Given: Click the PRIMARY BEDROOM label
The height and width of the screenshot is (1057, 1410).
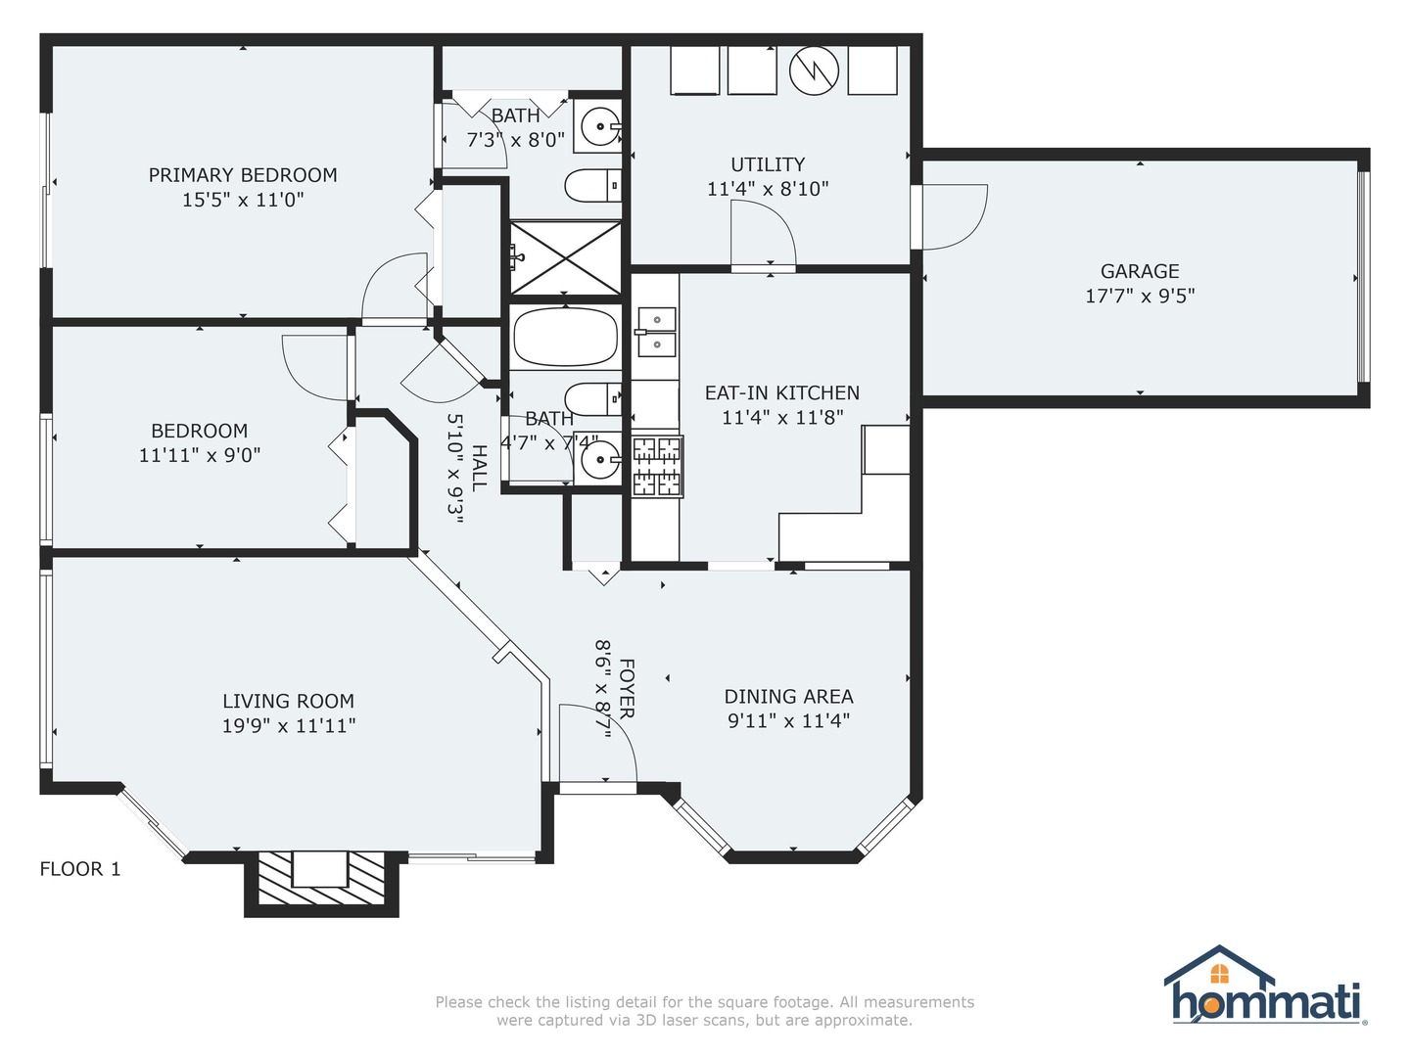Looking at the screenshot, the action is (243, 175).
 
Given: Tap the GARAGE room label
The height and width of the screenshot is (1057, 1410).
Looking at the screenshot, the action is (1140, 271).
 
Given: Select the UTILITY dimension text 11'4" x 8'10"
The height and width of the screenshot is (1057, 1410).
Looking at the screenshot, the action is (768, 189).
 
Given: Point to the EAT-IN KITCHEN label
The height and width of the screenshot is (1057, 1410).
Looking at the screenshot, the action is (781, 392).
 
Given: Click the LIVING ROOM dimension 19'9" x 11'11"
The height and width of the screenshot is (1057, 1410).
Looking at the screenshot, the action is (289, 726).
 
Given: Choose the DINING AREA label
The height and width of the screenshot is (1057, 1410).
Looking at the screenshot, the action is (788, 696).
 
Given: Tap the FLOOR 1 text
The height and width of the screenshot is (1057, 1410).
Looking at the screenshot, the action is (80, 869).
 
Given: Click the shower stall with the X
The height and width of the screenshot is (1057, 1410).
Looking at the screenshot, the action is (565, 258).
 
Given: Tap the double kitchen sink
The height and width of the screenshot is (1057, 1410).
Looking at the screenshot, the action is (656, 332).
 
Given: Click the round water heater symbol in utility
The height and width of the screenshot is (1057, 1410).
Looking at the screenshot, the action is (814, 71).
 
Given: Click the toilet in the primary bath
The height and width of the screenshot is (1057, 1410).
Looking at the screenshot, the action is (593, 186).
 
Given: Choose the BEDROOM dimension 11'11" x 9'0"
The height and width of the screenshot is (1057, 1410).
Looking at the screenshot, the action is (200, 455).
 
